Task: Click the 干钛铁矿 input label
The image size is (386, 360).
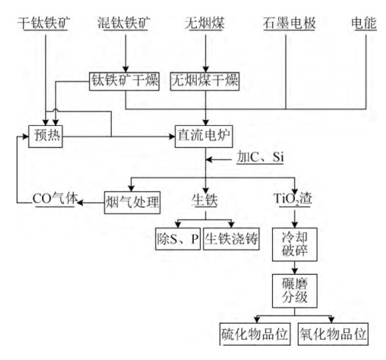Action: (44, 23)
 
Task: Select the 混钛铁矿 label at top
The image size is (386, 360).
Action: (124, 23)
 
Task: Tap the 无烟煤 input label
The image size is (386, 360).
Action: (205, 23)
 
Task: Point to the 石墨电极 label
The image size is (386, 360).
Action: (289, 23)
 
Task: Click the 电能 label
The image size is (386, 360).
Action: (363, 23)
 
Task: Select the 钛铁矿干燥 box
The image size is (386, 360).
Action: (124, 82)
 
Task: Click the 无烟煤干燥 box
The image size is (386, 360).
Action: (205, 82)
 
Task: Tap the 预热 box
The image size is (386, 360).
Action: (45, 136)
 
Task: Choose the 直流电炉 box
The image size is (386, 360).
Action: (204, 136)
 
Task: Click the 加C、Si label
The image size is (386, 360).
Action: (260, 157)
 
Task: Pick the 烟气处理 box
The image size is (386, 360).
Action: (132, 202)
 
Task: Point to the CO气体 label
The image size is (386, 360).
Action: (55, 199)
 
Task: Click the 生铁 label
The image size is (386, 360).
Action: (204, 200)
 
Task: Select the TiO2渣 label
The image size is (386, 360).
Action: (293, 199)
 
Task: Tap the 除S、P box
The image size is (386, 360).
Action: (178, 238)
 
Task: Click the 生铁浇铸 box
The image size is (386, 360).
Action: (231, 238)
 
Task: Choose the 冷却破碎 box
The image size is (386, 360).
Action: (295, 245)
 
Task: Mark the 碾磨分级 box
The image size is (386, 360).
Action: (295, 291)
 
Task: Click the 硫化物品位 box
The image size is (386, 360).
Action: (255, 334)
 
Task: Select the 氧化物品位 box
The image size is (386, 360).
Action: (333, 334)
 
